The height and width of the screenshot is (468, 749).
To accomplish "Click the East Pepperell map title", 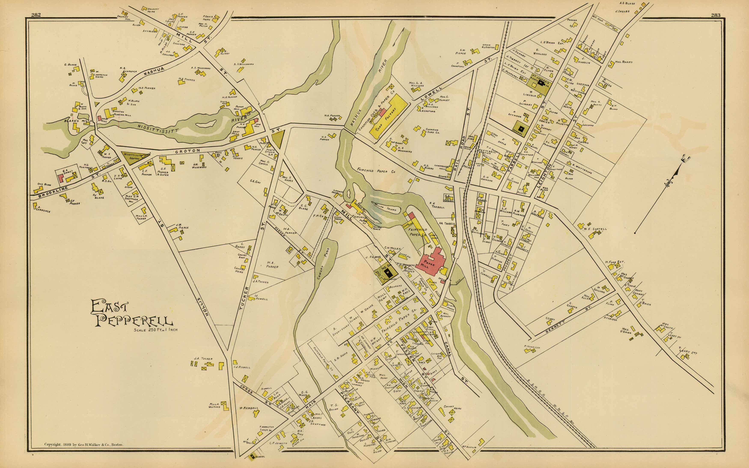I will point(132,314).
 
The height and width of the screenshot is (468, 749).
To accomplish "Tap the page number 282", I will point(36,15).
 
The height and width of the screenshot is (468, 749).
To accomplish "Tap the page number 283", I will point(716,15).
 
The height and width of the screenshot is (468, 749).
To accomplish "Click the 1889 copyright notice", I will point(84,445).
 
